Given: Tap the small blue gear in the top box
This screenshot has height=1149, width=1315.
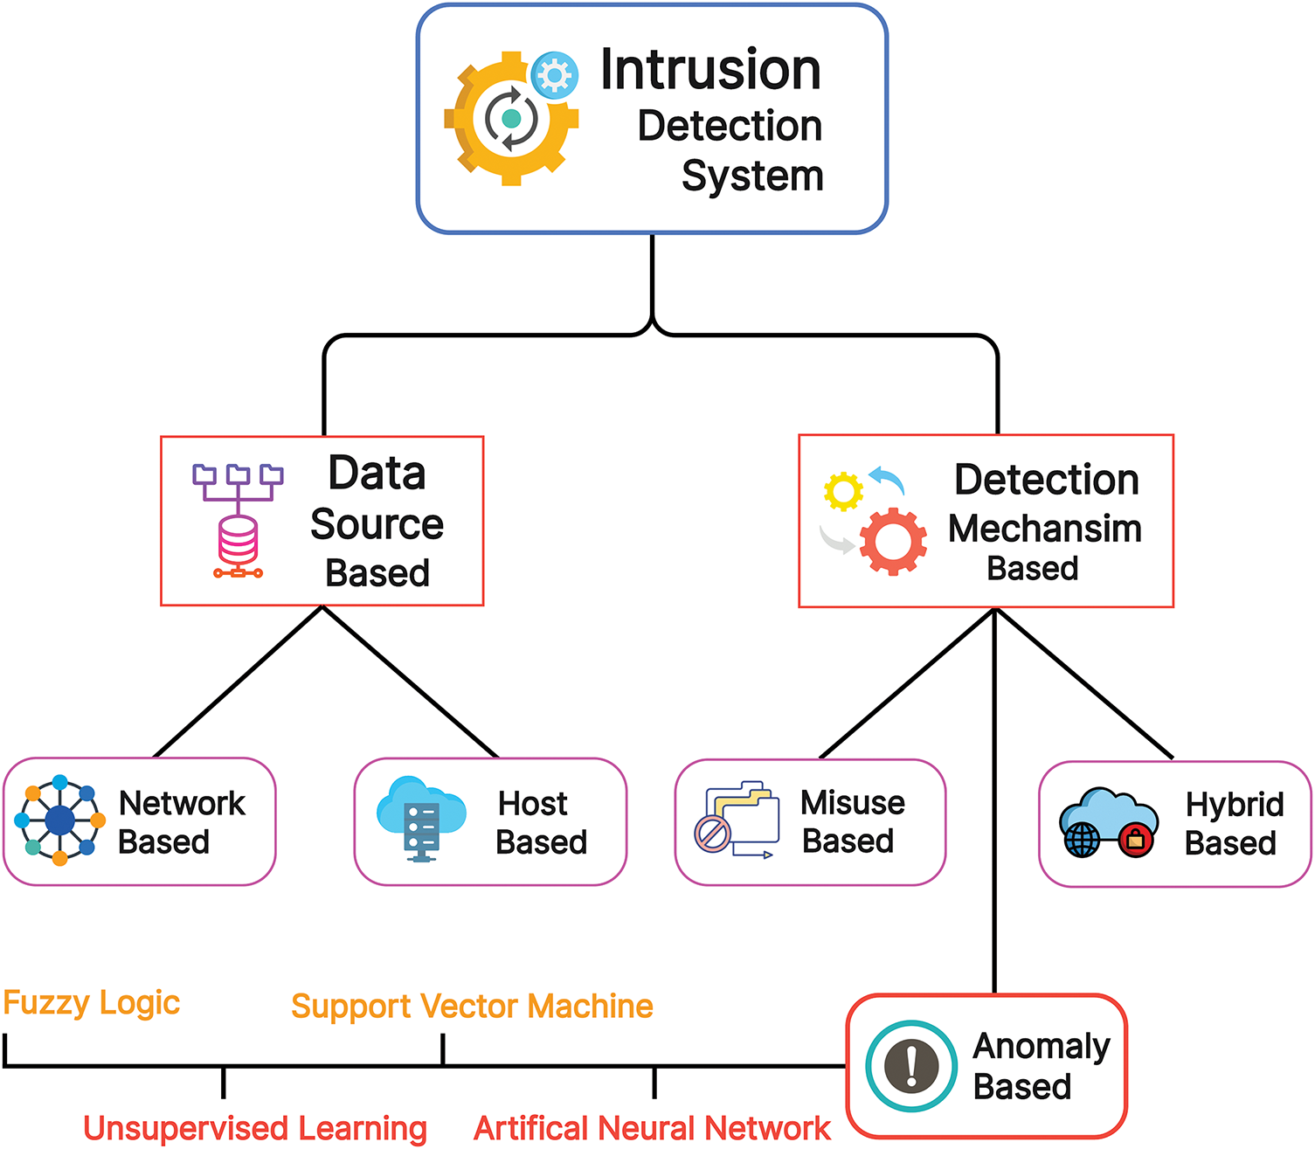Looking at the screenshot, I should (x=554, y=74).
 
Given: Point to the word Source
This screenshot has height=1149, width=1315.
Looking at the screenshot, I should (x=377, y=524).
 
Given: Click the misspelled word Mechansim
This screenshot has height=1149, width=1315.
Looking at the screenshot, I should (x=1045, y=529).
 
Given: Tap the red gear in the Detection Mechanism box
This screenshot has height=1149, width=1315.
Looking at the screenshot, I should (x=892, y=542).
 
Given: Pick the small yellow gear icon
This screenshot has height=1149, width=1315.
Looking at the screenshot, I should (x=843, y=492).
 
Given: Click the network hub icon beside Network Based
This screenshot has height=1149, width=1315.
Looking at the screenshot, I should (x=59, y=820).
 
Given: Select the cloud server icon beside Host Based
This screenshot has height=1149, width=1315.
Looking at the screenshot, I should (x=421, y=818).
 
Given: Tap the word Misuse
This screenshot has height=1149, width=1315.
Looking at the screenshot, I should (x=853, y=802).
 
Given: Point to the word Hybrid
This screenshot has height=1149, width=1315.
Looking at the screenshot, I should (x=1235, y=804).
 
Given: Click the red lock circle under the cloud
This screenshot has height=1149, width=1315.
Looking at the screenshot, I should (x=1136, y=841).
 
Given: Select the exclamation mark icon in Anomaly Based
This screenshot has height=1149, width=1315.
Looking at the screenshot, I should (x=911, y=1066).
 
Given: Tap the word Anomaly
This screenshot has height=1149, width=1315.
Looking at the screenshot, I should (x=1042, y=1046).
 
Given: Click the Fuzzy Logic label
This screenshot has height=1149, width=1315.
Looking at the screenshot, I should (x=92, y=1003).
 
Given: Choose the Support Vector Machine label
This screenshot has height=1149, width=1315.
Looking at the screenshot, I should (x=472, y=1007).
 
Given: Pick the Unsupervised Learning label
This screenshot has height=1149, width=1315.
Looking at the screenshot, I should (x=255, y=1128).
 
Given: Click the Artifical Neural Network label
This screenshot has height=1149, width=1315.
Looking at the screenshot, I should (x=652, y=1128).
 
